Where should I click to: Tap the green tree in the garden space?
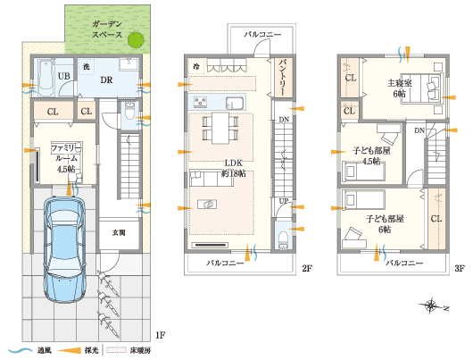pos(136,39)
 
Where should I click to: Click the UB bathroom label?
pos(64,77)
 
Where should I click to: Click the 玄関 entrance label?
pos(119,232)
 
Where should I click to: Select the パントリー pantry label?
pos(281,77)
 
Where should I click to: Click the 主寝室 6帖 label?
pos(397,88)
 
